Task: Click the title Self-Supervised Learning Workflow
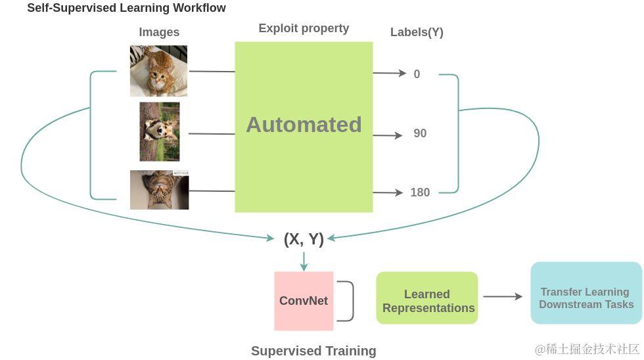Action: (x=126, y=9)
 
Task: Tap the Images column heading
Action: (x=159, y=32)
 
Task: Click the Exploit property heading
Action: (x=304, y=28)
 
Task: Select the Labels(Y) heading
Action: (x=417, y=32)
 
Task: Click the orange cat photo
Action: (x=158, y=71)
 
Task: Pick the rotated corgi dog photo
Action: (x=160, y=131)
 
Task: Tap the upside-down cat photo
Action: (x=160, y=190)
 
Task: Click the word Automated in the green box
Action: (x=304, y=125)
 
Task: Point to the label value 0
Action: (x=417, y=74)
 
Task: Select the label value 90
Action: (x=420, y=133)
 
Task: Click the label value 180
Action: (x=420, y=192)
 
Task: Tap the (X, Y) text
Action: (x=304, y=239)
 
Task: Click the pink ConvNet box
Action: (x=304, y=301)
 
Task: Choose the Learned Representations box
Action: (x=427, y=301)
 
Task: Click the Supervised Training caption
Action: (x=313, y=351)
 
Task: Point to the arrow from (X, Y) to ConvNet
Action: (x=304, y=261)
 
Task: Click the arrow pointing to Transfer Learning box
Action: (x=503, y=296)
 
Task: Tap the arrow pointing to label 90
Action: (x=388, y=135)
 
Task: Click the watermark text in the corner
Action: (x=587, y=349)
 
